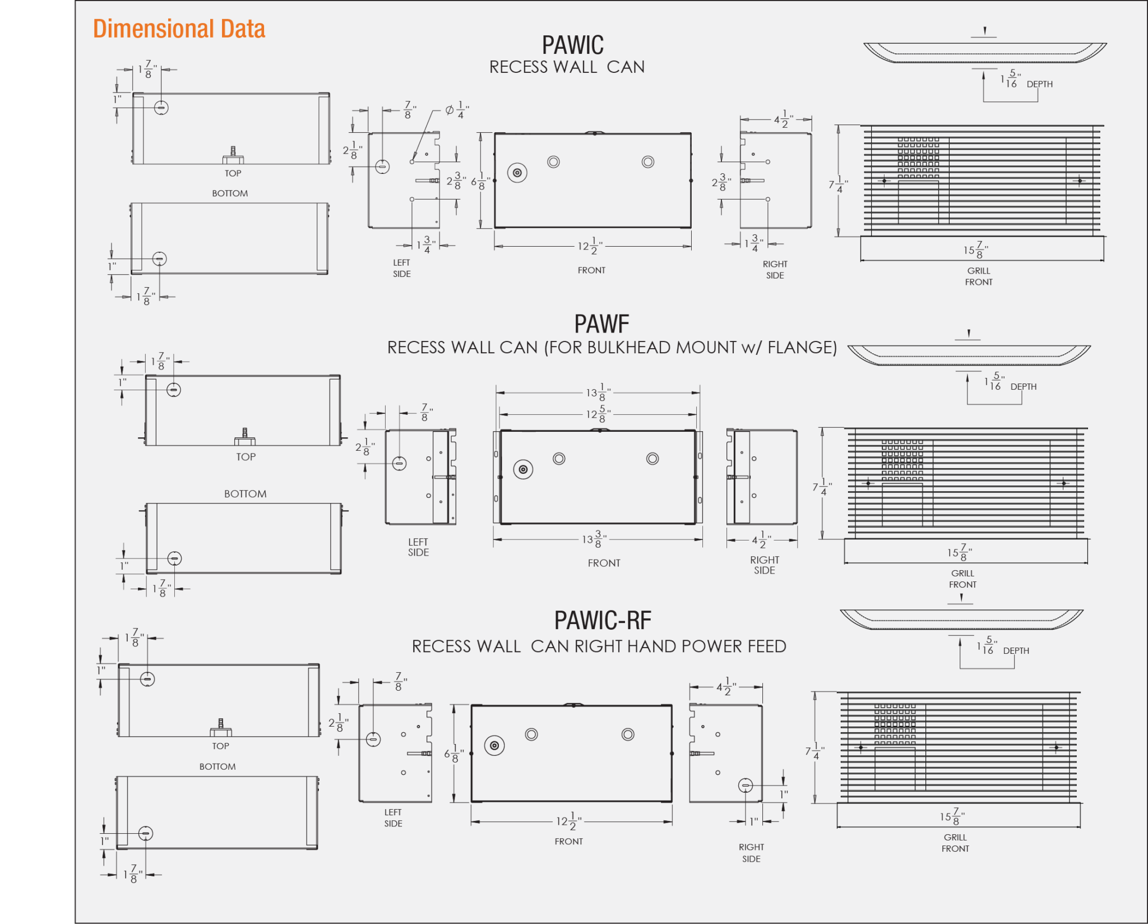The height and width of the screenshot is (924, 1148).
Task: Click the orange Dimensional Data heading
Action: point(179,29)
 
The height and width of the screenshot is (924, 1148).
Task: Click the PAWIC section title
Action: point(572,45)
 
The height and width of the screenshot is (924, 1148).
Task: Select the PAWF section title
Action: point(601,324)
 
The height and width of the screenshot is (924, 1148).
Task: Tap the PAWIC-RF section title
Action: point(603,620)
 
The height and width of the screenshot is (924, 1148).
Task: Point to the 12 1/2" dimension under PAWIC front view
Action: point(591,246)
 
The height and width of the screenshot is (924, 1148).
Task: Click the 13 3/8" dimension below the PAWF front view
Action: point(595,539)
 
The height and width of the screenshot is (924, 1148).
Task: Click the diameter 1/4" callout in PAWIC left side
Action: point(457,110)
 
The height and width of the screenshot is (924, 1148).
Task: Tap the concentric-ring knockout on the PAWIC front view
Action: point(517,173)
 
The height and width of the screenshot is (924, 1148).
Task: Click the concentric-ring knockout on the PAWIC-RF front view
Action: point(494,746)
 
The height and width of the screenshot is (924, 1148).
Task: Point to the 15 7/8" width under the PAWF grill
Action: point(960,552)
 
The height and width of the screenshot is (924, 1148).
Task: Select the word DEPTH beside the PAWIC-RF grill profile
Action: point(1016,651)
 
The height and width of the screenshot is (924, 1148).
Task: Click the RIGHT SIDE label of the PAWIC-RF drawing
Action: point(751,853)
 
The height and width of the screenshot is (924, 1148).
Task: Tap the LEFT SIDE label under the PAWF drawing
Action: point(418,547)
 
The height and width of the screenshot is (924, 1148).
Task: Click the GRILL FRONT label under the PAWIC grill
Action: point(979,276)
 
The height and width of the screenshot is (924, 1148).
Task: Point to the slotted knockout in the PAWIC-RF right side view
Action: point(746,786)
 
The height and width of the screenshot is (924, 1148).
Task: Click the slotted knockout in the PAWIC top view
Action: point(161,107)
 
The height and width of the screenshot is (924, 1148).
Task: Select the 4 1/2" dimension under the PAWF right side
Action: point(762,540)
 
